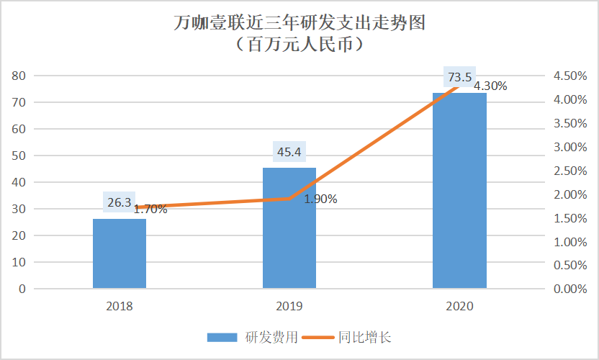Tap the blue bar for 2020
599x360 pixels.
pos(459,191)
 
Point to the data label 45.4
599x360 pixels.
pos(289,152)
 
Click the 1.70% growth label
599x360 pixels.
pos(150,210)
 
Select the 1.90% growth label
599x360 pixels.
pos(320,199)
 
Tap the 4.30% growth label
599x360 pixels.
pos(490,86)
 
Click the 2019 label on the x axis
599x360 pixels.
pos(289,306)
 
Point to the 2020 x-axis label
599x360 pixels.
pos(459,306)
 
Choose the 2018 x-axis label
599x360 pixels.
pos(120,306)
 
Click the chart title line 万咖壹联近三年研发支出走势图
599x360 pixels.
pos(299,23)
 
